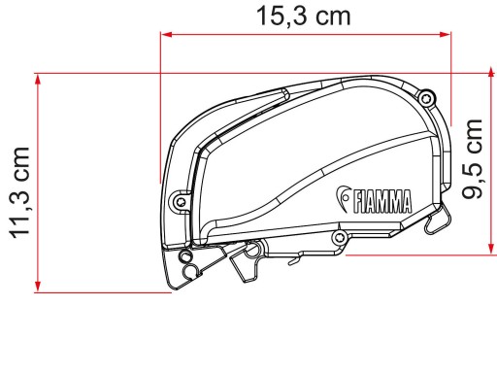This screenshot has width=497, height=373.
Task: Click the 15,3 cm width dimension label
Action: pos(304,17)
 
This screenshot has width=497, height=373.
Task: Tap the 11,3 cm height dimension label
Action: pos(20,193)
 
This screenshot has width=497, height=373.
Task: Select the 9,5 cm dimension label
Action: pos(472,159)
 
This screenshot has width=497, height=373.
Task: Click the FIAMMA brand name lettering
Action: pos(382,202)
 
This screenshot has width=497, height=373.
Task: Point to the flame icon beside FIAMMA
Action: pos(343,198)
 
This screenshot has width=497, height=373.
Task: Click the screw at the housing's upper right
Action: pos(426,97)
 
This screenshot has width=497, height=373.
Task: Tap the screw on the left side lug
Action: pos(181,202)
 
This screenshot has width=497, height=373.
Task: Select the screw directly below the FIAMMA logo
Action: pos(340,237)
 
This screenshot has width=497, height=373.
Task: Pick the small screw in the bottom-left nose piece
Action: pos(185,255)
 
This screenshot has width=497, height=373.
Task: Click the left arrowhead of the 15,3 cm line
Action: pos(166,34)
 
